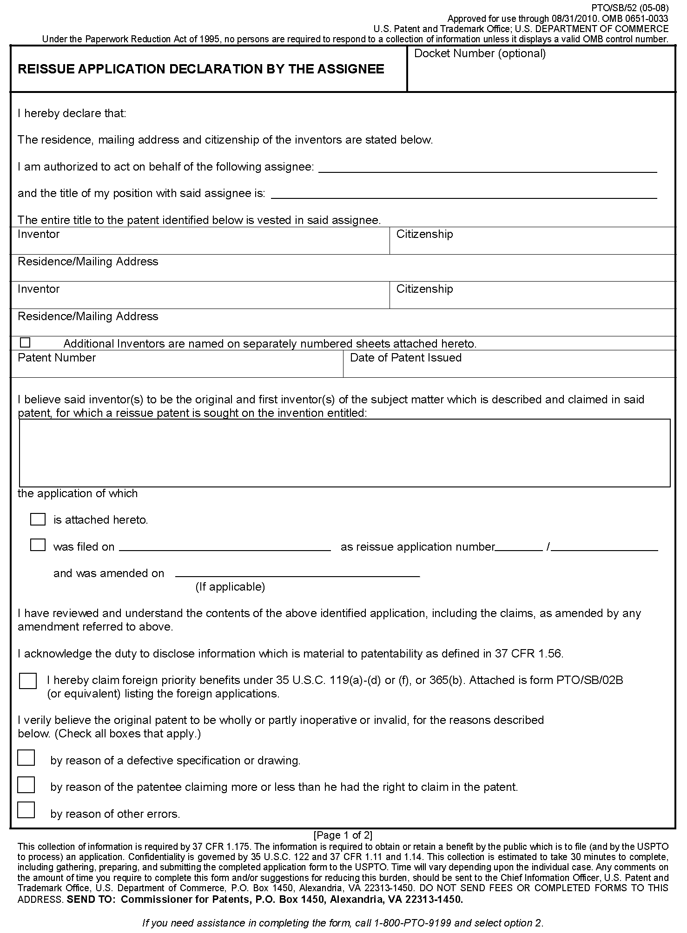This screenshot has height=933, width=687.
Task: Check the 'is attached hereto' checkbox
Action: pos(38,519)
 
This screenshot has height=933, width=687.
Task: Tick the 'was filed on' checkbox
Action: pos(38,545)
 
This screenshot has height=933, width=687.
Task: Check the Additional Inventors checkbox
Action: pos(25,342)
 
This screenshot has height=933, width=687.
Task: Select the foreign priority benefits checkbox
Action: pos(27,681)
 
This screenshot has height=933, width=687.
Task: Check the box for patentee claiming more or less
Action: pos(26,785)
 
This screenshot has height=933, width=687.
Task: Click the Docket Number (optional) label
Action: pos(480,53)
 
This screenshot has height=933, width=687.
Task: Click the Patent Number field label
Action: pos(57,358)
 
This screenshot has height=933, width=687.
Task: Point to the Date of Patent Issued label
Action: pos(405,358)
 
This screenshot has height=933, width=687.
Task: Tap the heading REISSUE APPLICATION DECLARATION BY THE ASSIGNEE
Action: pos(201,69)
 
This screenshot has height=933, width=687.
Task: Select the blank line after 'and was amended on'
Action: pos(297,574)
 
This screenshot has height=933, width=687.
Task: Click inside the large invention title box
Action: pos(344,453)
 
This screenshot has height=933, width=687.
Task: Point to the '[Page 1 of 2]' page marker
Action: pos(343,835)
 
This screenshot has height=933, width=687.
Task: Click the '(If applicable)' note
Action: pos(230,587)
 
